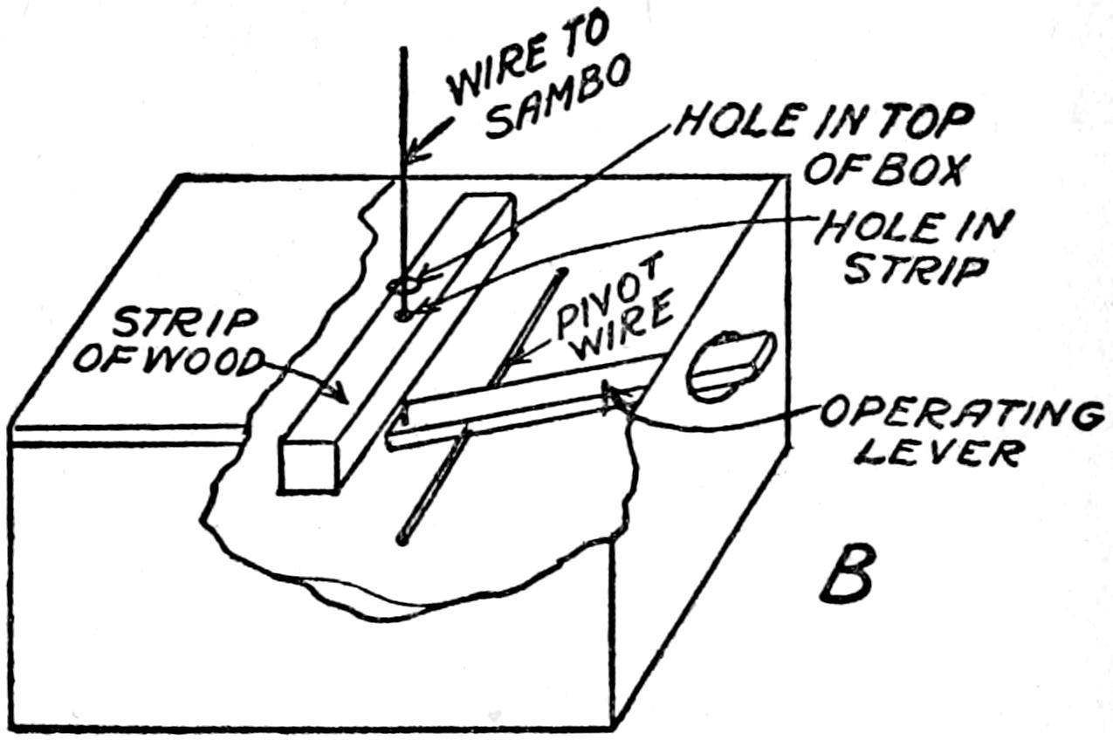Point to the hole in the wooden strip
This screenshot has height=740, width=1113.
402,312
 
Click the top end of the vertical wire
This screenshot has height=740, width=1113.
403,50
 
